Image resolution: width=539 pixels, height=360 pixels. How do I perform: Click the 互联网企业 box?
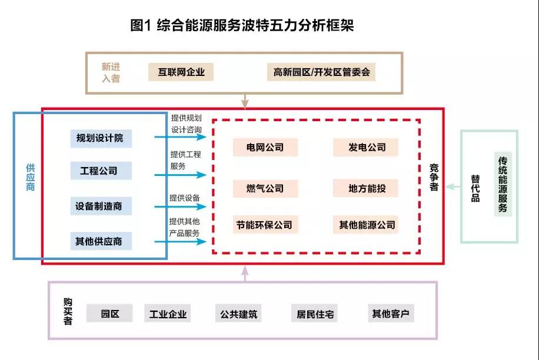[x=181, y=72]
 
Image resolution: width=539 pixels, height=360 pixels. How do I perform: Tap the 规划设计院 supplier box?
[x=100, y=138]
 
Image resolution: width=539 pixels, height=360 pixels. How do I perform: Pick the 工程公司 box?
[x=100, y=171]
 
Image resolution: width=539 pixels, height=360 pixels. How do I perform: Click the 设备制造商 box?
[x=100, y=206]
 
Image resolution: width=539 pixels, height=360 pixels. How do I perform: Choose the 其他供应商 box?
[x=100, y=241]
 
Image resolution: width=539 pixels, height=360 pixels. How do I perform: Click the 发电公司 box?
[x=367, y=147]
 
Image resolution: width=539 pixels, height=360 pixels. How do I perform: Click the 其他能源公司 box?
[x=367, y=224]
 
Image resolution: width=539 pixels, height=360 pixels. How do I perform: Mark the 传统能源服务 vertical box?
[x=503, y=184]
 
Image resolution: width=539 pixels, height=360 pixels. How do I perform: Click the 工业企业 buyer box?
[x=168, y=314]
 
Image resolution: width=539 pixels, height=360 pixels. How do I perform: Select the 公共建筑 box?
[x=239, y=314]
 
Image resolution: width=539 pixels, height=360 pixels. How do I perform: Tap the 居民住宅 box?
[x=315, y=314]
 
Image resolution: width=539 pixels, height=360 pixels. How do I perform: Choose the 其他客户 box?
[x=390, y=313]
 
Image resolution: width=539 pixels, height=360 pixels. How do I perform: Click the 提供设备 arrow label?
[x=185, y=198]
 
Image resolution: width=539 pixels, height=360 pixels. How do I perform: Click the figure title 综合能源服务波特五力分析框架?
[x=242, y=26]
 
